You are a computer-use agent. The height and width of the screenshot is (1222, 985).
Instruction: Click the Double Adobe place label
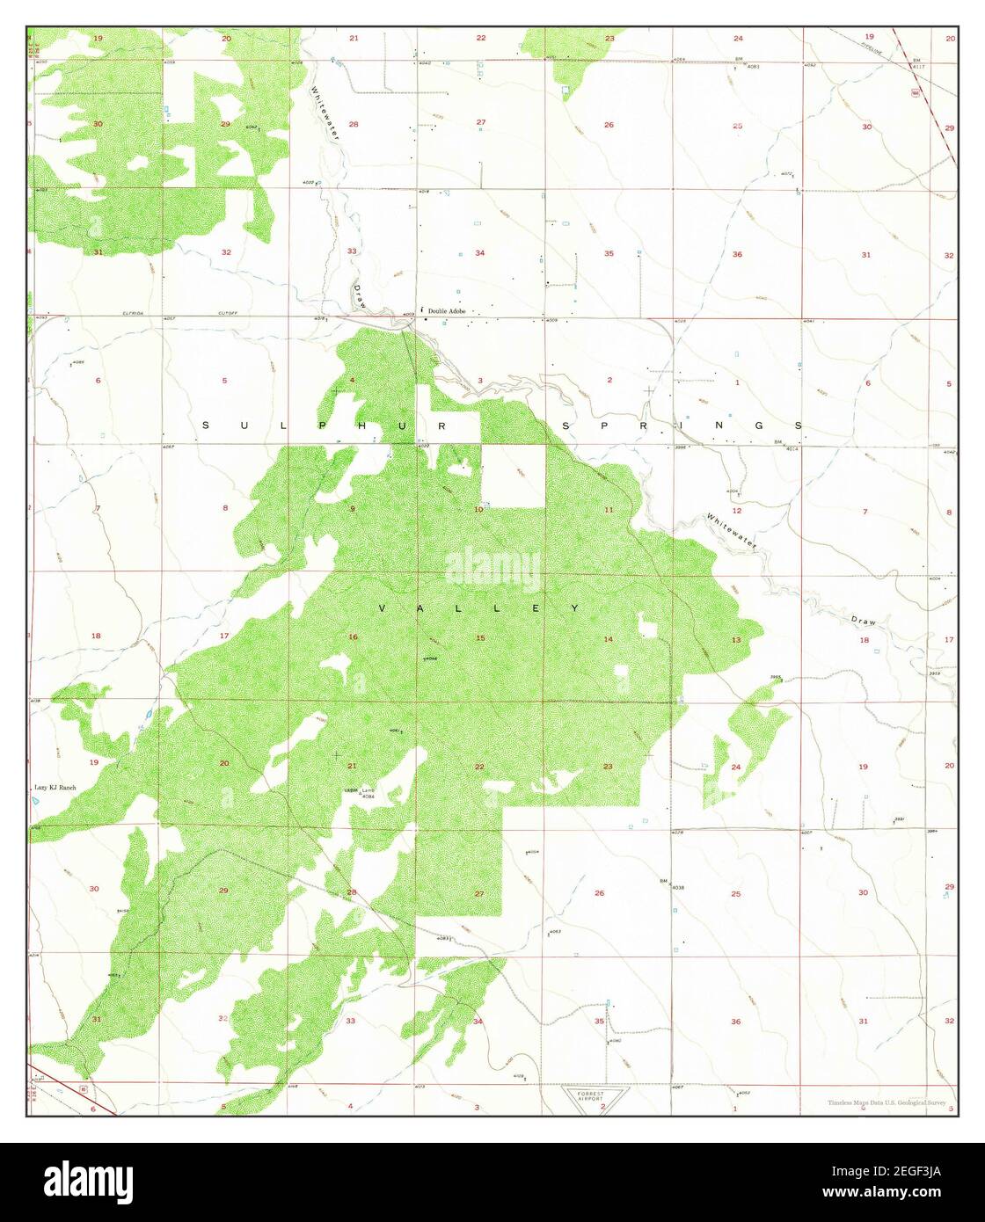pos(448,310)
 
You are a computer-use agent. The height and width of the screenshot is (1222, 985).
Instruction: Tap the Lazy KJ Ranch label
pos(55,788)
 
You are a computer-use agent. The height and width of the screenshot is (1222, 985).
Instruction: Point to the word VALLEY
pos(479,608)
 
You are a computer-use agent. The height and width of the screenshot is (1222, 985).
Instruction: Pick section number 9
pos(353,509)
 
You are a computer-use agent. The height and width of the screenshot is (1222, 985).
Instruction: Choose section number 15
pos(480,637)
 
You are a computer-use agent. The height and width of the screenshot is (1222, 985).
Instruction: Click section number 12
pos(737,510)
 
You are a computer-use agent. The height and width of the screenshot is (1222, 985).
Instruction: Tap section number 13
pos(736,639)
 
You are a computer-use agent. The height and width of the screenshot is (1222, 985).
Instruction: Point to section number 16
pos(353,637)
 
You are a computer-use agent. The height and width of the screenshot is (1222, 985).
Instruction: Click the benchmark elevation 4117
pos(918,67)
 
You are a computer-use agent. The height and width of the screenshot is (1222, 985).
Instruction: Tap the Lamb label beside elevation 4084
pos(368,789)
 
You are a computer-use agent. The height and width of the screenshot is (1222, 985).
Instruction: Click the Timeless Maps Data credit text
pos(886,1103)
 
